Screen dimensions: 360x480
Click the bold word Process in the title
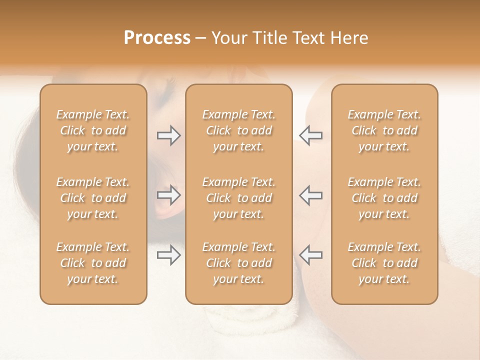pyautogui.click(x=157, y=38)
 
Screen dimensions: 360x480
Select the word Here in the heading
pyautogui.click(x=349, y=38)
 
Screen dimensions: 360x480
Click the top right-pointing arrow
pyautogui.click(x=168, y=135)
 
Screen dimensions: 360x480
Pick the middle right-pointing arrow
pyautogui.click(x=168, y=195)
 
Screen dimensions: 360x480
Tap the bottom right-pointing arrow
pyautogui.click(x=168, y=255)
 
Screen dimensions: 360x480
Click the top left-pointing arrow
pyautogui.click(x=310, y=135)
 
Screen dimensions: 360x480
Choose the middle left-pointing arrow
pyautogui.click(x=310, y=195)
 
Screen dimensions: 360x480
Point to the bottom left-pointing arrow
pyautogui.click(x=310, y=255)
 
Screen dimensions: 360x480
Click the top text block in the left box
pyautogui.click(x=93, y=130)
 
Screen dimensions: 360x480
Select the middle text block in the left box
pyautogui.click(x=93, y=198)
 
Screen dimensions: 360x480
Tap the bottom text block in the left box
pyautogui.click(x=93, y=263)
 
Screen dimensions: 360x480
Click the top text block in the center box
pyautogui.click(x=239, y=130)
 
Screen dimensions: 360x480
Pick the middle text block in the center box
pyautogui.click(x=239, y=198)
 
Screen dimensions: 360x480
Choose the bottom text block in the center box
pyautogui.click(x=239, y=263)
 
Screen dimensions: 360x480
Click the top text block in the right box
pyautogui.click(x=384, y=130)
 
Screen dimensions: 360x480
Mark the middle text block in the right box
pyautogui.click(x=384, y=198)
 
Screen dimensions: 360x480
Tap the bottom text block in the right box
pyautogui.click(x=384, y=263)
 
